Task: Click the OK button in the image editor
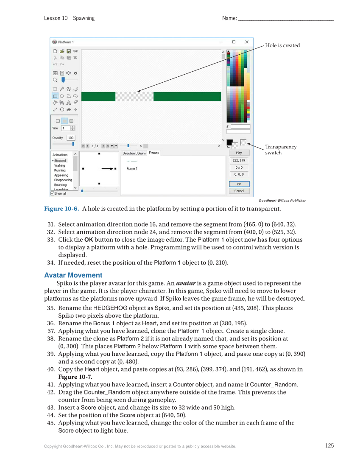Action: [239, 184]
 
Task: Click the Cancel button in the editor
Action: [239, 191]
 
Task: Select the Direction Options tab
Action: [134, 153]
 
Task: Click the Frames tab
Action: [154, 153]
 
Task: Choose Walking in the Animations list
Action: [60, 165]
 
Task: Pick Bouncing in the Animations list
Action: [60, 184]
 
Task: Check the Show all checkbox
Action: [53, 193]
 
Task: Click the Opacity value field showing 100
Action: [70, 138]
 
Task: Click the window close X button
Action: [247, 42]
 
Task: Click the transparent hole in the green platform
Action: [134, 96]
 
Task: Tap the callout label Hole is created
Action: [282, 45]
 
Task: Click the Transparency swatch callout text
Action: [281, 150]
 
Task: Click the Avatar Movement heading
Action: [73, 275]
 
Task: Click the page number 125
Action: [329, 445]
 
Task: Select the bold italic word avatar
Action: [186, 283]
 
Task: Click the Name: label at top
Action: [229, 18]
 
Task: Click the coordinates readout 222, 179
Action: [239, 160]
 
